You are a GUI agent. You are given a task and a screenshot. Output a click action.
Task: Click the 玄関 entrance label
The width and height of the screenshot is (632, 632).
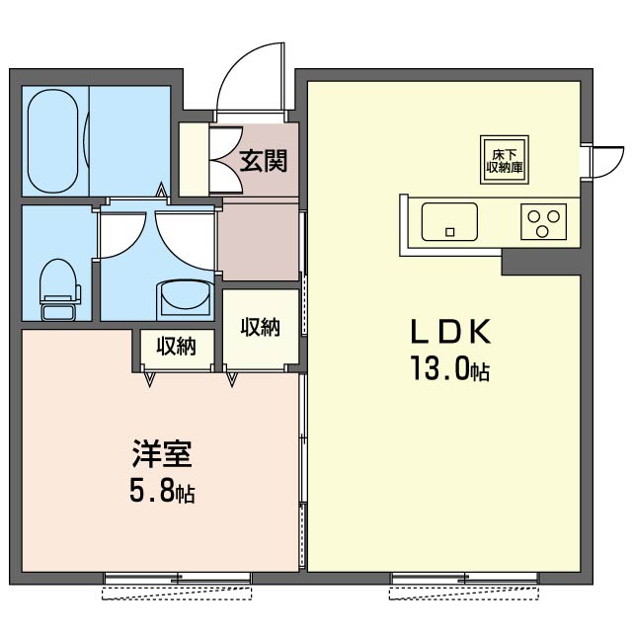click(x=263, y=157)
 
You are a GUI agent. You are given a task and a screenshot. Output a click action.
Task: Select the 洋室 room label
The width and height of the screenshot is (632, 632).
click(x=162, y=456)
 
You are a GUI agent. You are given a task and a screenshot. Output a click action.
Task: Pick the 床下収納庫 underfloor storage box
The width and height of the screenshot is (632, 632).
click(x=504, y=159)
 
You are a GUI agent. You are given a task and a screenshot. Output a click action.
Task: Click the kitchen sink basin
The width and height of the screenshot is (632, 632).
click(x=449, y=221)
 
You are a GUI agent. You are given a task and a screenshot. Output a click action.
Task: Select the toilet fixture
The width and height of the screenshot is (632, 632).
click(x=59, y=286)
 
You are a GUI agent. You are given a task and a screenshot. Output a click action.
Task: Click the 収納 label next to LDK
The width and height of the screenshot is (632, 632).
click(x=260, y=327)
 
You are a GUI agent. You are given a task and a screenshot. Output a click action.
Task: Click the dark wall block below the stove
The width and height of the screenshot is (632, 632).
click(x=539, y=261)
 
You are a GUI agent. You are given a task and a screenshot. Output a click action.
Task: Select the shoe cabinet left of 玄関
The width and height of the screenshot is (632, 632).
click(x=195, y=158)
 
